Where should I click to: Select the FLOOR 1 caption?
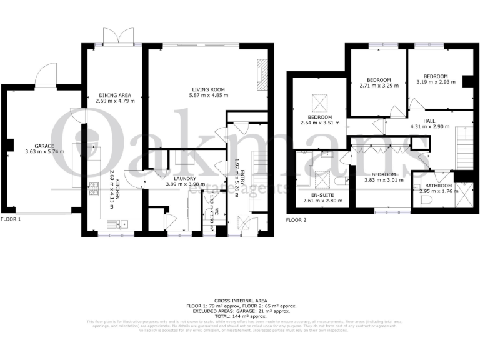pyautogui.click(x=11, y=220)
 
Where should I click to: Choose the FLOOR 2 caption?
pyautogui.click(x=296, y=220)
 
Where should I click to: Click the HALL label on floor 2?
pyautogui.click(x=429, y=121)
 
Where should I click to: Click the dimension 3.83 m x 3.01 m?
pyautogui.click(x=384, y=180)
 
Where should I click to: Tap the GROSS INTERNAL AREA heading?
pyautogui.click(x=239, y=301)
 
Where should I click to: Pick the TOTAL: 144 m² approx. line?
pyautogui.click(x=239, y=316)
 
